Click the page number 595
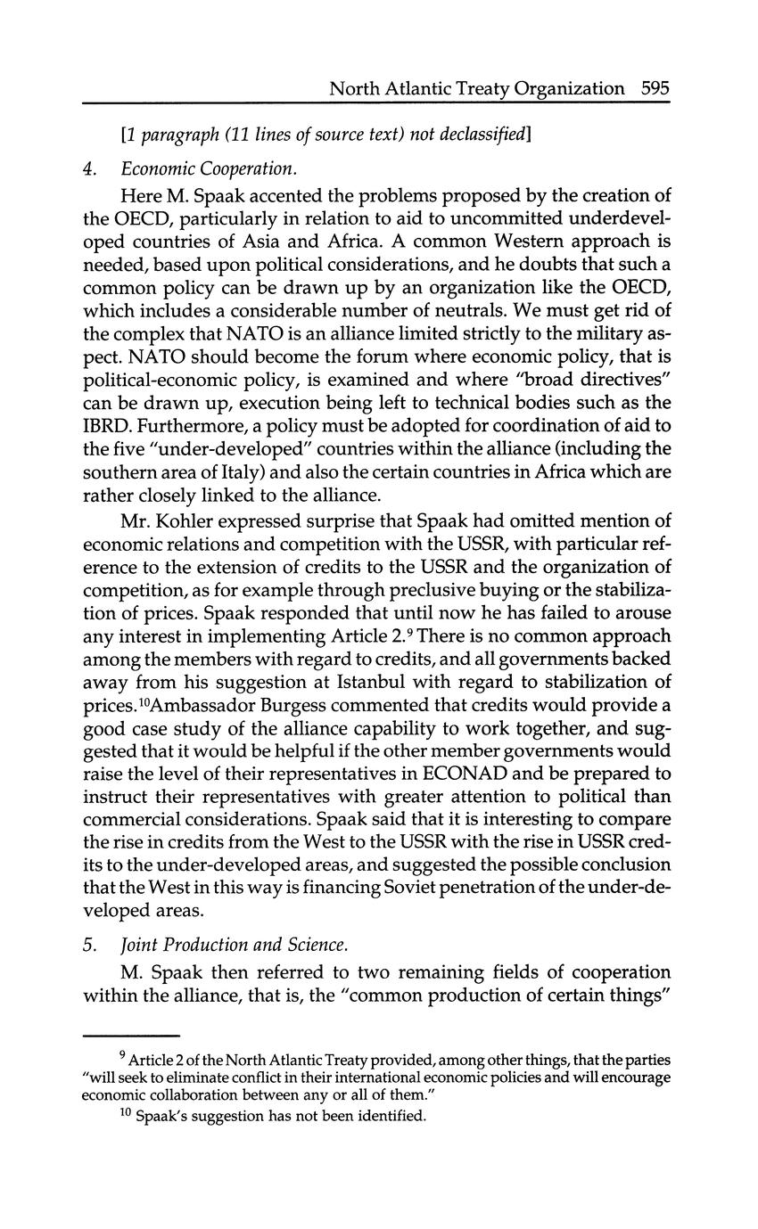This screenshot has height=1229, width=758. (x=654, y=88)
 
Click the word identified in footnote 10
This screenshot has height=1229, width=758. (x=386, y=1116)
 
